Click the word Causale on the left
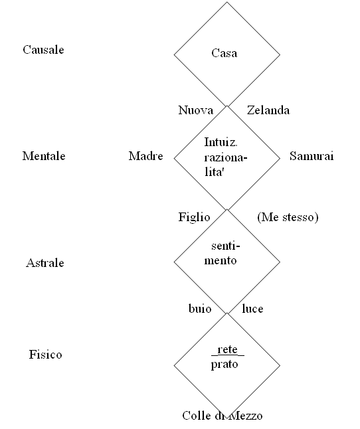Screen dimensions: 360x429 coord(43,50)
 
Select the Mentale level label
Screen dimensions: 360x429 coord(44,156)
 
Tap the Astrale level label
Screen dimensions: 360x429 coord(45,263)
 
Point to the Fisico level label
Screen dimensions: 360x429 coord(45,355)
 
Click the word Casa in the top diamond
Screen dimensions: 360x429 coord(225,53)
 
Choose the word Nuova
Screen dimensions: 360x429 coord(195,110)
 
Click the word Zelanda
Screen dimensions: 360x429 coord(268,110)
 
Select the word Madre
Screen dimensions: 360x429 coord(146,156)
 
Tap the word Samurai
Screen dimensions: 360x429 coord(312,156)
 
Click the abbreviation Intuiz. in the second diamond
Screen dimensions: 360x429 coord(221,142)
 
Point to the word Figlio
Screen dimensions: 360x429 coord(194,217)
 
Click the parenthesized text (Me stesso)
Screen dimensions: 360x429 coord(288,217)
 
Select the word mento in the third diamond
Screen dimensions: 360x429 coord(221,260)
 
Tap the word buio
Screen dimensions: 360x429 coord(200,309)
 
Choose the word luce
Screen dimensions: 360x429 coord(252,309)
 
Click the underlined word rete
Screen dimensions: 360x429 coord(228,350)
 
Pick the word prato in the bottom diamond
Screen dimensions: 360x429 coord(225,365)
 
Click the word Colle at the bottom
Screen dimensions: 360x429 coord(197,416)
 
